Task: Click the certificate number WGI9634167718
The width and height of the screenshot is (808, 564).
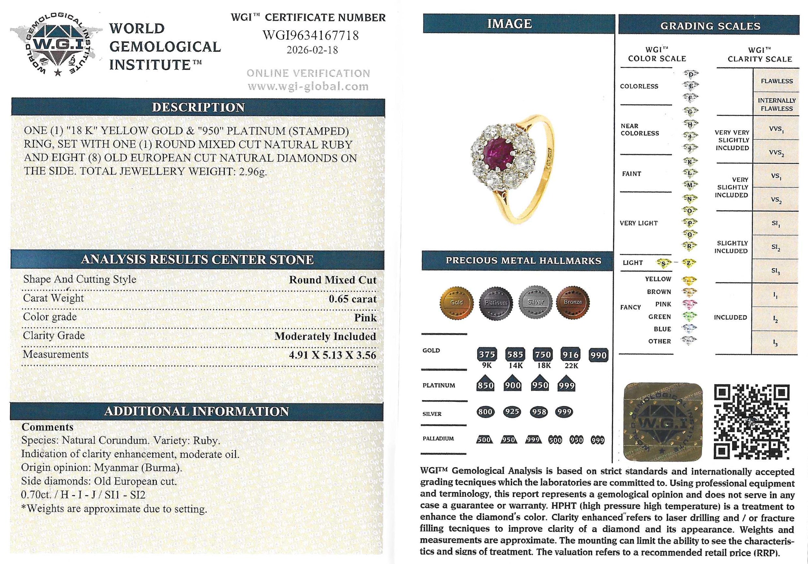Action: coord(311,35)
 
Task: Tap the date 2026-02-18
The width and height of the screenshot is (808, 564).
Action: coord(312,50)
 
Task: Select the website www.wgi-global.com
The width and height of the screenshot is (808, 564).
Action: coord(308,86)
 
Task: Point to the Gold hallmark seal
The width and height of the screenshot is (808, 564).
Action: coord(456,303)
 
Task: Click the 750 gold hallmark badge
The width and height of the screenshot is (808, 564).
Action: coord(543,355)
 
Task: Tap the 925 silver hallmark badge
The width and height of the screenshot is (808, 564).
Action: coord(512,412)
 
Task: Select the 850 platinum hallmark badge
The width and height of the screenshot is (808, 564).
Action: coord(485,385)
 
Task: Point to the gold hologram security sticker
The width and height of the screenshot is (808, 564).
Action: coord(662,422)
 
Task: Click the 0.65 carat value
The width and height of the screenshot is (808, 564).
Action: coord(353,299)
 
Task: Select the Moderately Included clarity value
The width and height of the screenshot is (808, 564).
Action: coord(325,336)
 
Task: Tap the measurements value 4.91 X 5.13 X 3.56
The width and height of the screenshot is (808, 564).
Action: coord(332,355)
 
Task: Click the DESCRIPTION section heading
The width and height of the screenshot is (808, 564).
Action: coord(198,107)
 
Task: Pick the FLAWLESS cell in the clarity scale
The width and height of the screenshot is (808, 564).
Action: coord(777,81)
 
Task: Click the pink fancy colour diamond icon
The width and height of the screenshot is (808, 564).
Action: coord(689,304)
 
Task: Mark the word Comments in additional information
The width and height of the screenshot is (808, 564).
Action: coord(48,427)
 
